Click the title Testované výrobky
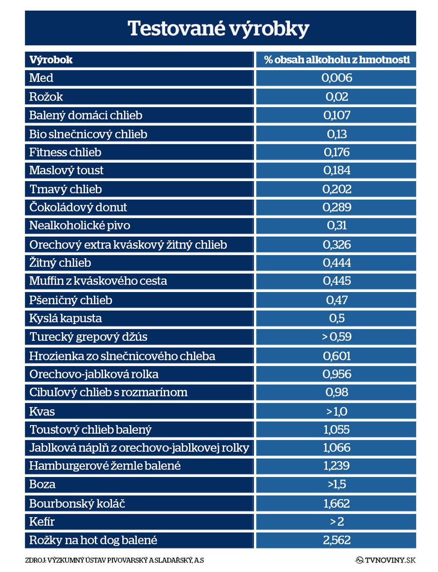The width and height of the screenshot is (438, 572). [x=218, y=29]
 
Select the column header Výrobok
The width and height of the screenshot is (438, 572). [x=51, y=60]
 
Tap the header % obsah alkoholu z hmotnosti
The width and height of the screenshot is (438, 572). [x=337, y=60]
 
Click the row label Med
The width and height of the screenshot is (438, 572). [x=41, y=78]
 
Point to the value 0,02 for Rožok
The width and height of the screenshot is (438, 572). [x=337, y=97]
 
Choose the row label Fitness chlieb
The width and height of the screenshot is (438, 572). [x=65, y=152]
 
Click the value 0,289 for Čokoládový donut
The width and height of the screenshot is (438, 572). [x=337, y=207]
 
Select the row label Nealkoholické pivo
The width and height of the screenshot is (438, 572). [x=80, y=225]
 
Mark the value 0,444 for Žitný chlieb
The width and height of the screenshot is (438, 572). [x=337, y=262]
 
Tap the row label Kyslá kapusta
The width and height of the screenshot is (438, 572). [x=65, y=318]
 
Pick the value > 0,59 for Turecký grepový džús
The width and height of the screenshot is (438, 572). [x=337, y=337]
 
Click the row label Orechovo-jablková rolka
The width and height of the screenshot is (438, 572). [x=94, y=374]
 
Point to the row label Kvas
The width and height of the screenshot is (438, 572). [x=42, y=411]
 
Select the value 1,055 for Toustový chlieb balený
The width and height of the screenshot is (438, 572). [x=337, y=429]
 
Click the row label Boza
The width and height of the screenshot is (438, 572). [x=42, y=484]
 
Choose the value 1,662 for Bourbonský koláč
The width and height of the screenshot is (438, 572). [x=337, y=503]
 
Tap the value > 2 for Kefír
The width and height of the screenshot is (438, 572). [x=337, y=521]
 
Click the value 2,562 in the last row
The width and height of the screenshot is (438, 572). [x=337, y=540]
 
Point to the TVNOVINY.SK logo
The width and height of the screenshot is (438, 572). [x=385, y=560]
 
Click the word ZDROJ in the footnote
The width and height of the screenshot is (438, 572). [x=35, y=560]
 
